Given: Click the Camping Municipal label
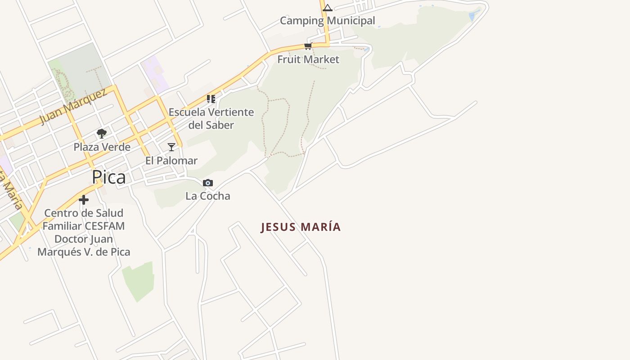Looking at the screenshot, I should pyautogui.click(x=327, y=21).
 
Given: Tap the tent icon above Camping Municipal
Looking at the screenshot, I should pyautogui.click(x=328, y=8).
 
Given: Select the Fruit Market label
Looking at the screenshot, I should pyautogui.click(x=308, y=59).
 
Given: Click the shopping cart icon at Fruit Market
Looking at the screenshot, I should pyautogui.click(x=308, y=46).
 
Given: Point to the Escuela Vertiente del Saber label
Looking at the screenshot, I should pyautogui.click(x=211, y=118).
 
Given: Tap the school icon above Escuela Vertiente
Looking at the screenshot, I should pyautogui.click(x=211, y=99).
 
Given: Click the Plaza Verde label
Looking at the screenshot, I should pyautogui.click(x=102, y=147).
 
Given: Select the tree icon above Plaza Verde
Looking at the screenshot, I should pyautogui.click(x=102, y=133).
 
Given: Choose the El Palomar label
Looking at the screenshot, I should pyautogui.click(x=171, y=161).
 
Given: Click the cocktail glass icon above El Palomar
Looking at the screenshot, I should pyautogui.click(x=171, y=147).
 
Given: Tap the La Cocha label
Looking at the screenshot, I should pyautogui.click(x=208, y=196).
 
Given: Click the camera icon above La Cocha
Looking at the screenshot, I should pyautogui.click(x=207, y=183).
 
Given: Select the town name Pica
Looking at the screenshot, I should pyautogui.click(x=109, y=177).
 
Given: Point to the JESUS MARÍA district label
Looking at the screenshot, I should pyautogui.click(x=301, y=227).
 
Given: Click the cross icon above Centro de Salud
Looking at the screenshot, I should pyautogui.click(x=84, y=200).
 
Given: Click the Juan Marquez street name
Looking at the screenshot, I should pyautogui.click(x=73, y=106).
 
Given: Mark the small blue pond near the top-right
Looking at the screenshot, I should pyautogui.click(x=474, y=15).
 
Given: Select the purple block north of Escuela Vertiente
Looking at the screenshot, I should pyautogui.click(x=155, y=74).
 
